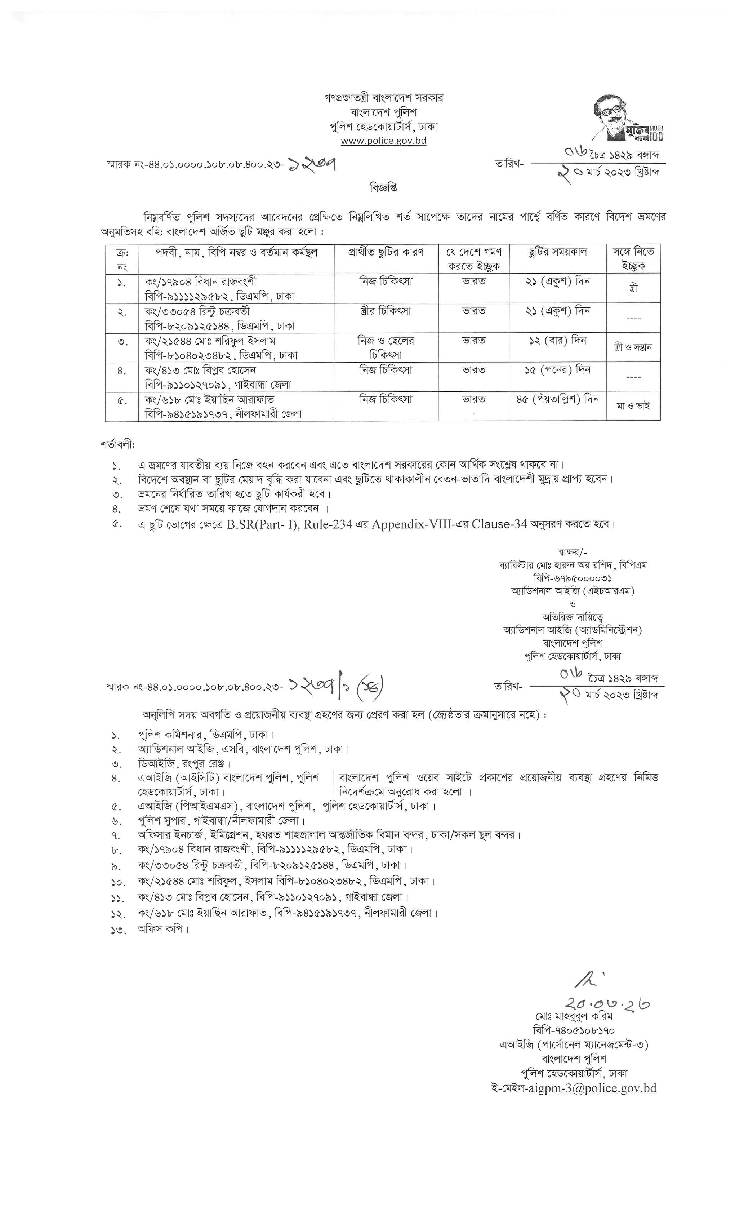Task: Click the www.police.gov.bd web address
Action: tap(384, 141)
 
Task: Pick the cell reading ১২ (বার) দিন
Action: tap(558, 341)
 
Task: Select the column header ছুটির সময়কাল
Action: tap(558, 253)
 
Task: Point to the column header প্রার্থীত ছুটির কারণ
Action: tap(386, 253)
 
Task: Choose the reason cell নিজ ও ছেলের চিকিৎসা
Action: tap(386, 347)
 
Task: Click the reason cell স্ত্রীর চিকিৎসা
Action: tap(386, 311)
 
